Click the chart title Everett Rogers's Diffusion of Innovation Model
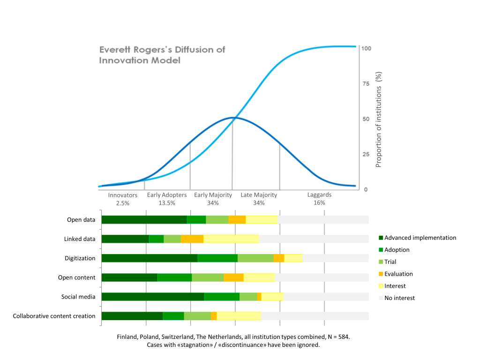(x=162, y=55)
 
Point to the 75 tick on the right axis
(x=366, y=83)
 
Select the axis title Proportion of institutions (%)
(x=379, y=120)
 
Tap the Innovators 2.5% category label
(x=122, y=199)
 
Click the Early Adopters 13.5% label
(x=167, y=199)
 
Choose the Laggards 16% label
(x=319, y=199)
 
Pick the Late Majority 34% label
(x=259, y=199)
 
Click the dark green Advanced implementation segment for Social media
(x=153, y=297)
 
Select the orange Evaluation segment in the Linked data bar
(x=192, y=239)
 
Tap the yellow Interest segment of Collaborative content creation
(x=239, y=316)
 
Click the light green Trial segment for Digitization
(x=255, y=258)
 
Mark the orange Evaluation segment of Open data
(x=237, y=219)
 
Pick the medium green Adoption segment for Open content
(x=174, y=277)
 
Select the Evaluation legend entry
(x=396, y=274)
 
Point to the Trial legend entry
(x=388, y=262)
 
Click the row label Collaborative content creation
(x=54, y=316)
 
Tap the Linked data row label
(x=80, y=239)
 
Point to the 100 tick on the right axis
(x=366, y=48)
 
